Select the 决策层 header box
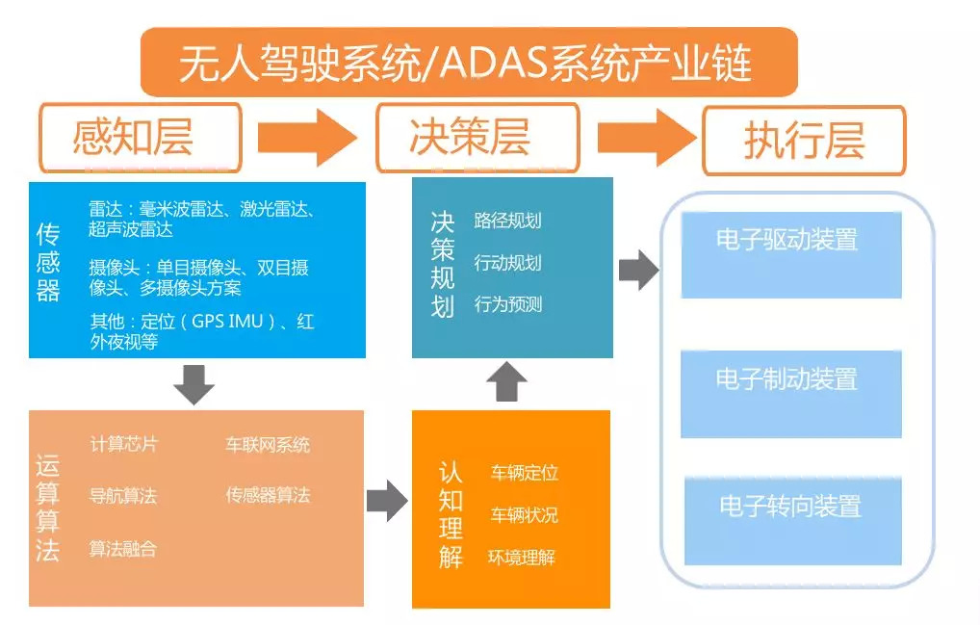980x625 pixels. point(477,139)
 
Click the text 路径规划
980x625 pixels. point(507,221)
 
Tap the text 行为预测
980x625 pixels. point(507,305)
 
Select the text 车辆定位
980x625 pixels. point(525,473)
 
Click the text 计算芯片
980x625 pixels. point(124,444)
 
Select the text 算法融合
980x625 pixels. point(123,549)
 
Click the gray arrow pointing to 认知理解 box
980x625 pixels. point(388,501)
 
